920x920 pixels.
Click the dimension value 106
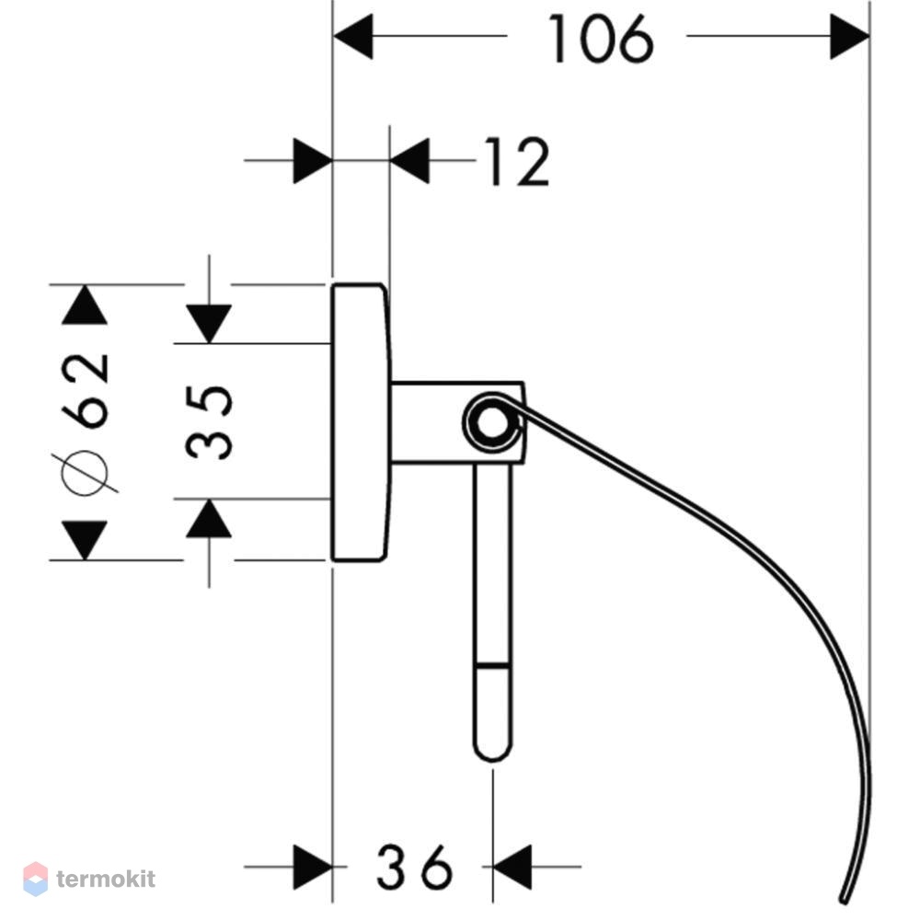600,39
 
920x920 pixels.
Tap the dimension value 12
517,161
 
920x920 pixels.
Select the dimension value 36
415,866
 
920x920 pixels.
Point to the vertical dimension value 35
210,422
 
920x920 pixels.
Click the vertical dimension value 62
86,390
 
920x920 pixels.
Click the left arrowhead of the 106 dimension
353,37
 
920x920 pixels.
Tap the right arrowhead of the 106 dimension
850,37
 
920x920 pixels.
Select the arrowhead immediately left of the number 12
409,160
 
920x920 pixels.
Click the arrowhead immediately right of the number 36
512,867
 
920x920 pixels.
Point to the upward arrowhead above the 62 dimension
85,305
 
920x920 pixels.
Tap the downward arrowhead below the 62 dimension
85,540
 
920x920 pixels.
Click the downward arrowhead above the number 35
209,324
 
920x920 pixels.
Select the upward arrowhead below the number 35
209,519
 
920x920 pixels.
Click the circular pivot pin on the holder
492,422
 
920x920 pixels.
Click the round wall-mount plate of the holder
361,422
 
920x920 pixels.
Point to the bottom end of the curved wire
845,900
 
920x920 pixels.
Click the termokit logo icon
35,879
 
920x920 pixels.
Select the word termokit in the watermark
106,879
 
